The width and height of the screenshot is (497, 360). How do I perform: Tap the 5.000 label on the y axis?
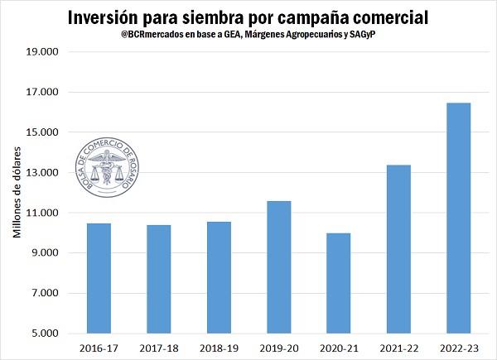[42, 334]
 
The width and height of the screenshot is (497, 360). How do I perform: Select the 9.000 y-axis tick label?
[42, 253]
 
